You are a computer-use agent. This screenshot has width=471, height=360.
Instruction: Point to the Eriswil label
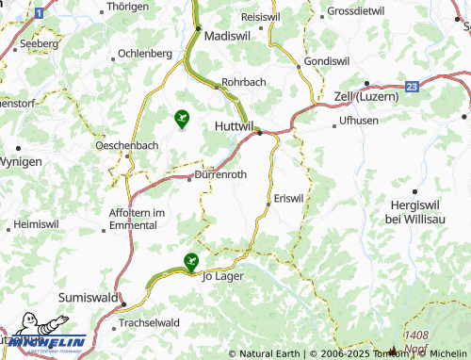(288, 198)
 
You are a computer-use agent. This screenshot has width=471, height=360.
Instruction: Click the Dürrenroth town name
(219, 174)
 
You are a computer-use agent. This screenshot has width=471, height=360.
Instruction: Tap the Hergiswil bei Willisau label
(420, 211)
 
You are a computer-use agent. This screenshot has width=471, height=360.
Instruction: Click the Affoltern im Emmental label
(138, 219)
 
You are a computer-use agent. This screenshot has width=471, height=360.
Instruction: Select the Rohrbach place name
(244, 82)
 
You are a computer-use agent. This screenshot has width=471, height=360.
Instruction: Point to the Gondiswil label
(326, 60)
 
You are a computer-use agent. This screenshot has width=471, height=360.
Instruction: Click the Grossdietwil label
(356, 12)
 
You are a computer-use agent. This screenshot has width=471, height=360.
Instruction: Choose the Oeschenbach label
(127, 145)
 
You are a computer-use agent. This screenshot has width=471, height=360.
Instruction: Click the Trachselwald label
(149, 322)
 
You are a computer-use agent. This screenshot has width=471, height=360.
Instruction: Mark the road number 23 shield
(412, 86)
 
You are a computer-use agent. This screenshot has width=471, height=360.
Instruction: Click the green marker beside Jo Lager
(191, 260)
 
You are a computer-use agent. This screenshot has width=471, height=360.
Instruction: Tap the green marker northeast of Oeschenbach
(182, 119)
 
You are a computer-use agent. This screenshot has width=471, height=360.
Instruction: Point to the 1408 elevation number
(415, 335)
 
